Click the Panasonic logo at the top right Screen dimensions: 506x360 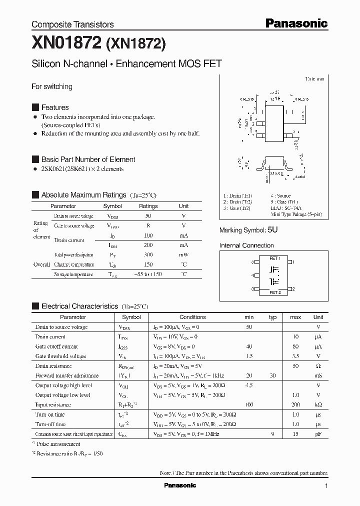pyautogui.click(x=296, y=23)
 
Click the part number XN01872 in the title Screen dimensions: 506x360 pyautogui.click(x=66, y=44)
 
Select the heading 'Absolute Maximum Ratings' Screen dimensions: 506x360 pyautogui.click(x=83, y=195)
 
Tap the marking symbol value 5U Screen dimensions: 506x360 pyautogui.click(x=272, y=230)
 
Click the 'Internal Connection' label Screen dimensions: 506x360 pyautogui.click(x=246, y=245)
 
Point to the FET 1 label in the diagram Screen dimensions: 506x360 pyautogui.click(x=275, y=258)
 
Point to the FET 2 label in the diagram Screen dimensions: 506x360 pyautogui.click(x=275, y=292)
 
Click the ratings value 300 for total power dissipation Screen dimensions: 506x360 pyautogui.click(x=148, y=255)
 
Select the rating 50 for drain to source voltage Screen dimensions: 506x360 pyautogui.click(x=148, y=216)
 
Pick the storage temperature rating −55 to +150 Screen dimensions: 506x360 pyautogui.click(x=148, y=274)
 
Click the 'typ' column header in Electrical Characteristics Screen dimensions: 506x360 pyautogui.click(x=272, y=317)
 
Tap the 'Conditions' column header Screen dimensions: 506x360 pyautogui.click(x=192, y=317)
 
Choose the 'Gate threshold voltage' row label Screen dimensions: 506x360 pyautogui.click(x=60, y=356)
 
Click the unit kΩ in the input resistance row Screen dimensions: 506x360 pyautogui.click(x=318, y=404)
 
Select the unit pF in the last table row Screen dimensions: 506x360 pyautogui.click(x=318, y=434)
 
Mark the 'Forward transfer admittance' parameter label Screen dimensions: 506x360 pyautogui.click(x=67, y=375)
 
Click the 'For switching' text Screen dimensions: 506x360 pyautogui.click(x=52, y=86)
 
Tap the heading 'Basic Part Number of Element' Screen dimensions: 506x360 pyautogui.click(x=88, y=159)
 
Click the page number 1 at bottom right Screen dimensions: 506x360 pyautogui.click(x=326, y=486)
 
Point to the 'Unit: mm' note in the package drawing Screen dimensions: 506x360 pyautogui.click(x=314, y=79)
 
